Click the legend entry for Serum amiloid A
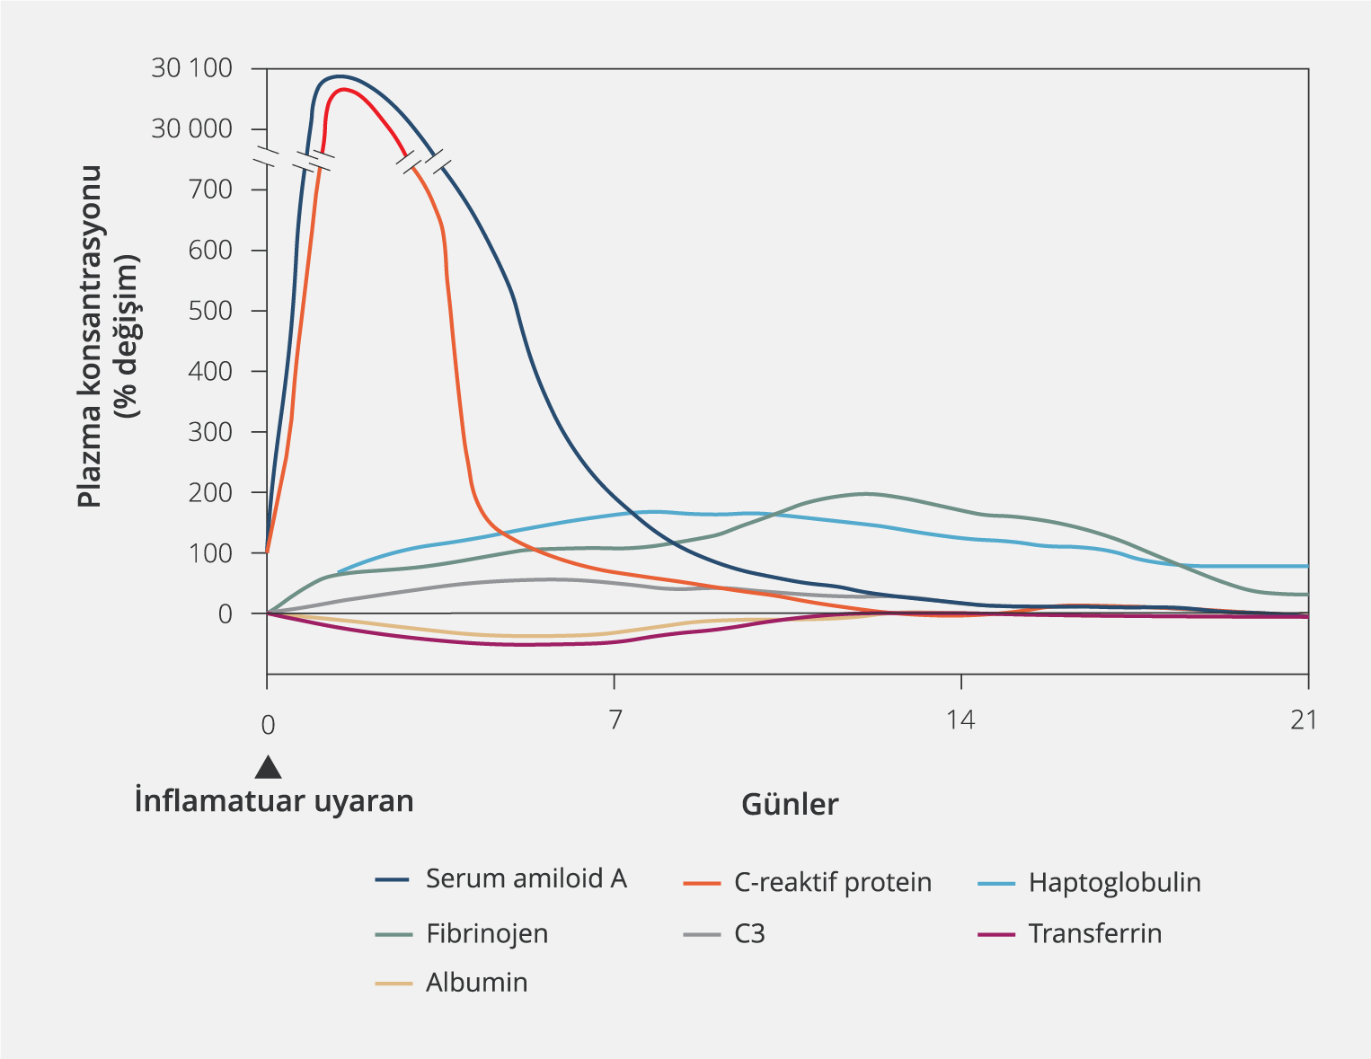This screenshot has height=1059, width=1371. point(526,878)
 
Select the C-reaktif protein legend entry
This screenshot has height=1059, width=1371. point(832,883)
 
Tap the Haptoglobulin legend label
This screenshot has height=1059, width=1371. point(1114,883)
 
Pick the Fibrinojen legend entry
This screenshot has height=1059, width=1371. point(486,934)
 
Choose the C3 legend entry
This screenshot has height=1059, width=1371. point(749,934)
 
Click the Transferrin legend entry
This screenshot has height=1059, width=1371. point(1094,934)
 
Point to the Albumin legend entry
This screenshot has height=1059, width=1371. point(476,983)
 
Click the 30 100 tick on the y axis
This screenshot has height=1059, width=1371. point(191,68)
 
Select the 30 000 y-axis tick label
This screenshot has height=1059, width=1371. point(191,129)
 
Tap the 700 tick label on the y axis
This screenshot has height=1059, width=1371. point(210,190)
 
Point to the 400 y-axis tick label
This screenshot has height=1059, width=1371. point(210,371)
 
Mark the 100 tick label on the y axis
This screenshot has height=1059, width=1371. point(210,553)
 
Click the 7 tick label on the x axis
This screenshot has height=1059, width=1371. point(615,719)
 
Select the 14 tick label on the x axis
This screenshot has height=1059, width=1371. point(961,719)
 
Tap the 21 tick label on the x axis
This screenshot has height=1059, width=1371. point(1304,719)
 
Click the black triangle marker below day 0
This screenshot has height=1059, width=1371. point(268,767)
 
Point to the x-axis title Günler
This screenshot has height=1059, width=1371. point(790,804)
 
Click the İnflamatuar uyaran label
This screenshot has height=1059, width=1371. point(274,800)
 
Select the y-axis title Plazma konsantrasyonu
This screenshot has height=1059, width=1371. point(90,337)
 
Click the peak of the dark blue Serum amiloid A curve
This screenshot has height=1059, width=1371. point(339,76)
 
